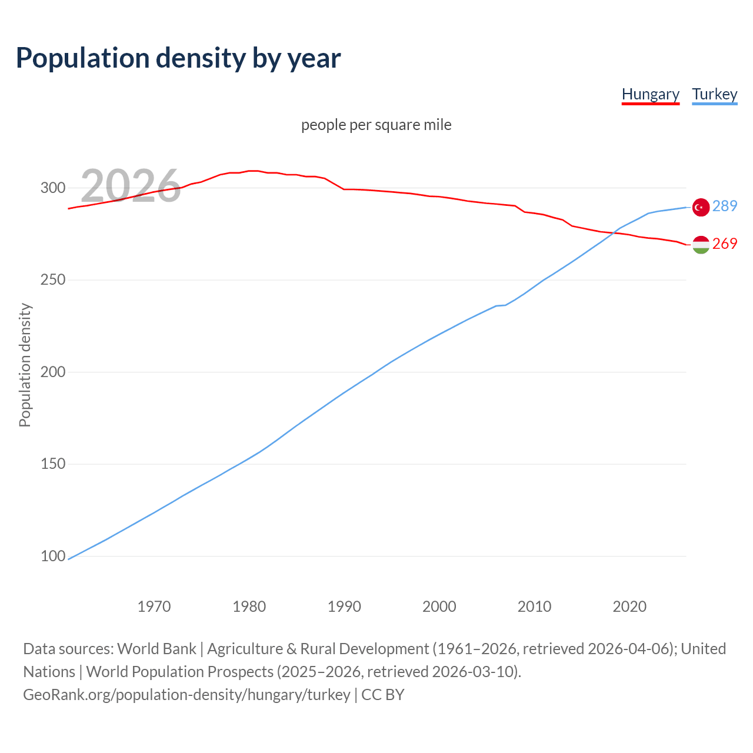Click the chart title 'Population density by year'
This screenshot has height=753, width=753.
coord(178,58)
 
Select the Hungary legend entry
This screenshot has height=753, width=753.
coord(650,94)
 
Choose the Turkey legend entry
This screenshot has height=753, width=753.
coord(714,94)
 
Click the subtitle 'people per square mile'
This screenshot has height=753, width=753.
coord(376,125)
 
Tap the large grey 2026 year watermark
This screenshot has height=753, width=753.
coord(130,185)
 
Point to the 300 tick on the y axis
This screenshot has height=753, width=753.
coord(52,188)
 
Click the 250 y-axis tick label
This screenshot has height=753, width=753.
coord(52,280)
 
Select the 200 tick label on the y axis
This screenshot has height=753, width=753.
coord(52,372)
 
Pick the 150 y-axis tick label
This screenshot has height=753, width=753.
coord(52,464)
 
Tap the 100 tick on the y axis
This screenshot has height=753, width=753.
coord(52,556)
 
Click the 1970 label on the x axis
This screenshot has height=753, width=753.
coord(154,607)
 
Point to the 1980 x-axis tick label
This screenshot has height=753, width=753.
coord(249,607)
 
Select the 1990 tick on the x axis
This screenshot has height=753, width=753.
coord(344,607)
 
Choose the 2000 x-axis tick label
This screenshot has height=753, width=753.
coord(439,607)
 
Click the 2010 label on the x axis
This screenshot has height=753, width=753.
coord(534,607)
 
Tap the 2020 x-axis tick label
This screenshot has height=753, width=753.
coord(629,607)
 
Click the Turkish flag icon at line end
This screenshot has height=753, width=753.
coord(701,207)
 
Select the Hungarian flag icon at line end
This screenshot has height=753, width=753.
coord(701,245)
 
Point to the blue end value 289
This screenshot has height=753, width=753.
coord(725,206)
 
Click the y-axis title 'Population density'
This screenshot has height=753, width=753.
coord(25,365)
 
